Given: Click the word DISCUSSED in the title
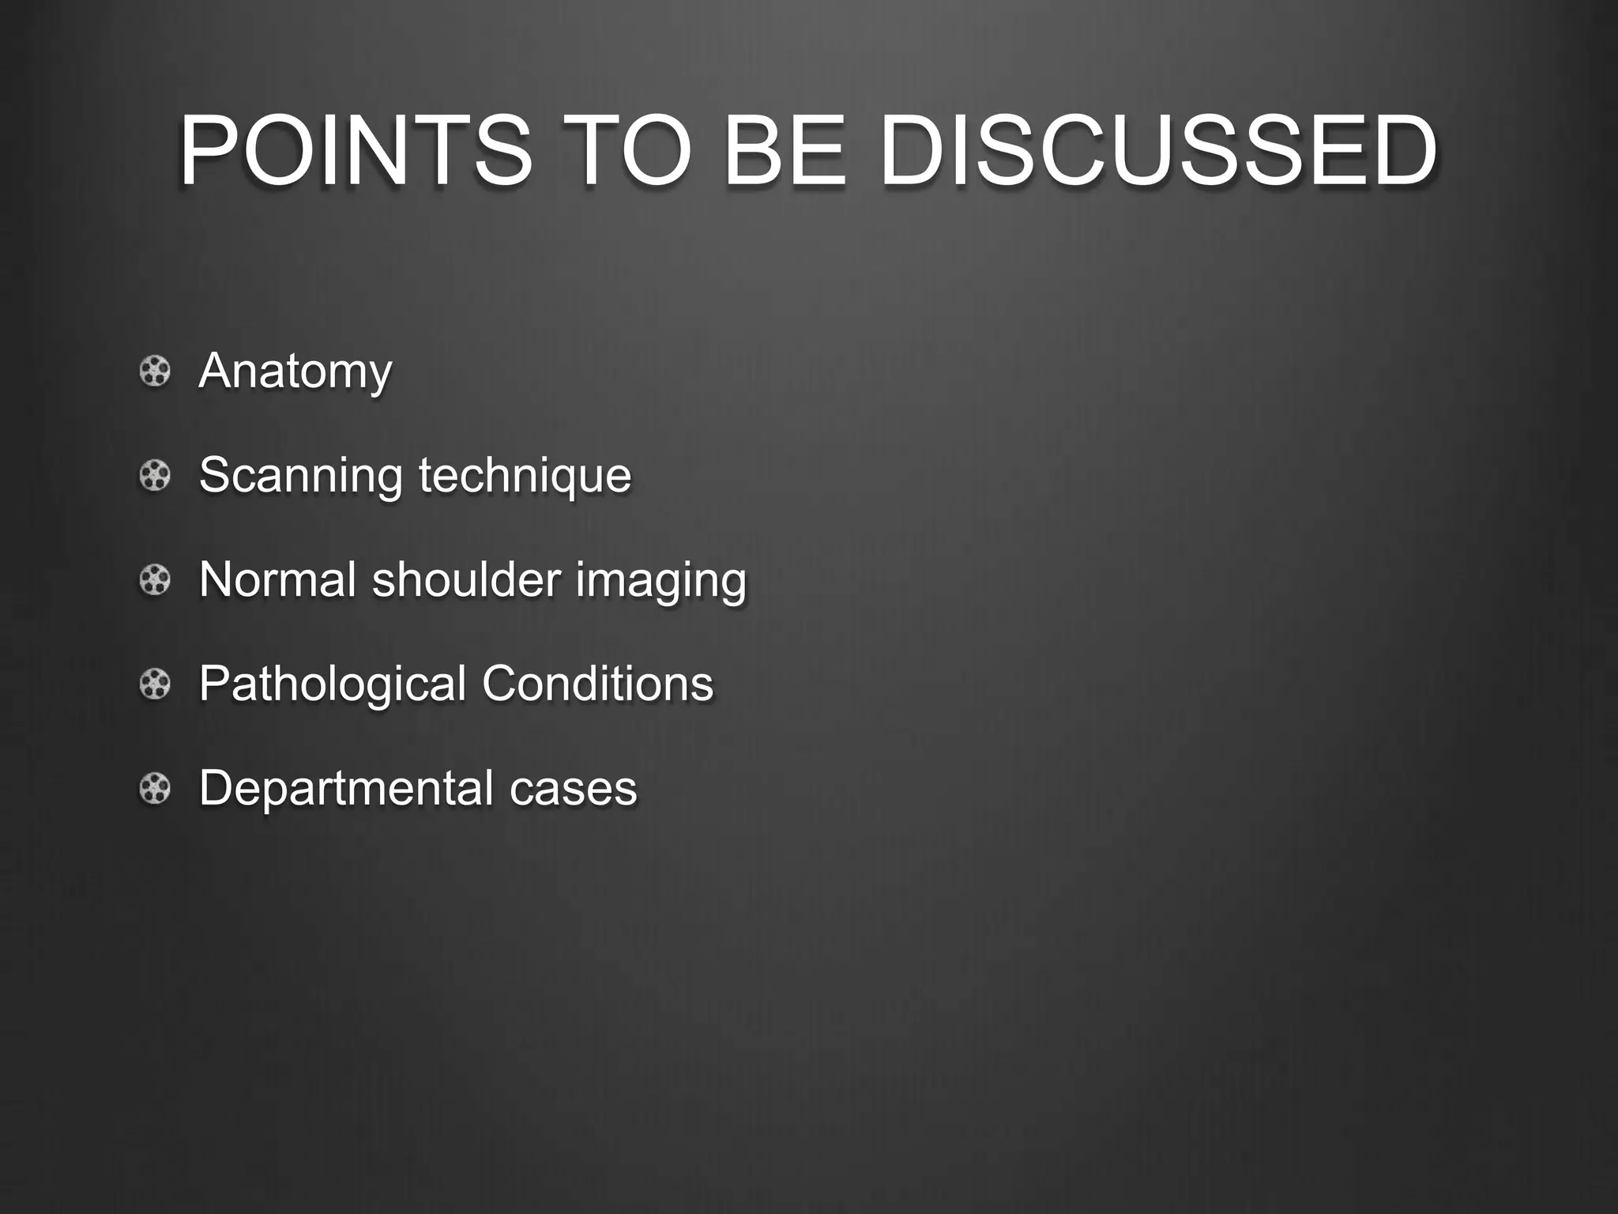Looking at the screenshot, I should pos(1157,150).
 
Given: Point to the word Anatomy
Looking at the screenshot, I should pos(295,371).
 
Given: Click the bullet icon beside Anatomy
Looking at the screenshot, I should pos(155,371).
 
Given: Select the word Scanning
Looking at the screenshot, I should pos(300,476).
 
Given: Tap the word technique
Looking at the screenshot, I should pos(525,476).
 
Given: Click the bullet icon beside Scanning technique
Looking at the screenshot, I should pos(155,476).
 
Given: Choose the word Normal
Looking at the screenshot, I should pos(277,579).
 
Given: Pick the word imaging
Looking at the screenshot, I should pos(660,581).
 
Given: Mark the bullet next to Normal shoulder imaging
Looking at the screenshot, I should pos(155,580).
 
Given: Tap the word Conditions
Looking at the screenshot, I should pos(597,684).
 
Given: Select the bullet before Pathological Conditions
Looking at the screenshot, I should pos(155,684).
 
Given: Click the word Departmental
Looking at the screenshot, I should pos(345,789).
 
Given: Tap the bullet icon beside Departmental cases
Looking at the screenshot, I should pos(155,788).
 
